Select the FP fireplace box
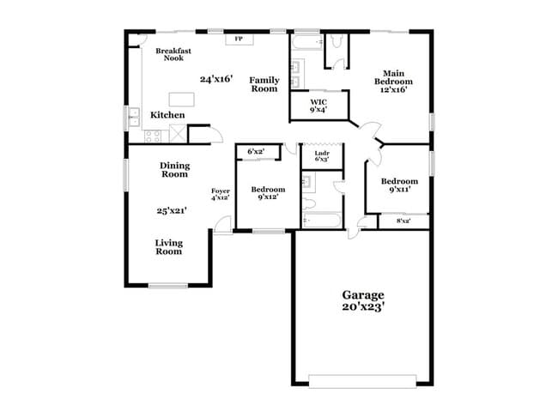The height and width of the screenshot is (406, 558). click(x=238, y=39)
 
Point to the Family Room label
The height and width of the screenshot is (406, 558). click(x=264, y=84)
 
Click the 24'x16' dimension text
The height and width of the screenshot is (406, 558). click(x=215, y=79)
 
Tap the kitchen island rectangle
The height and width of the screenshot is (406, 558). click(x=183, y=98)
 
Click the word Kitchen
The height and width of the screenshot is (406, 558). click(x=167, y=115)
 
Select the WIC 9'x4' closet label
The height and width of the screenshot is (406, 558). click(x=318, y=106)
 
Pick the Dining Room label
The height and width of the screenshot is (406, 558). click(x=174, y=170)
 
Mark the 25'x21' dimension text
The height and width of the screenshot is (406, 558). click(x=172, y=210)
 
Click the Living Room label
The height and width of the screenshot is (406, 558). click(x=169, y=247)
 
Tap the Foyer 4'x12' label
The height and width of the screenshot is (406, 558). click(x=221, y=194)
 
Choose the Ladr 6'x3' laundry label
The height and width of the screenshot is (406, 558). click(x=322, y=155)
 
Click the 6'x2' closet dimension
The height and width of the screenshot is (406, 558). click(x=256, y=152)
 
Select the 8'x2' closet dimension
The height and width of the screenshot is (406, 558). click(x=403, y=221)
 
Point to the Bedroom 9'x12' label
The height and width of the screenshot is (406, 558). click(x=268, y=193)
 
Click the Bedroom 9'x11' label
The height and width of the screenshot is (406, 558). click(x=399, y=185)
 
